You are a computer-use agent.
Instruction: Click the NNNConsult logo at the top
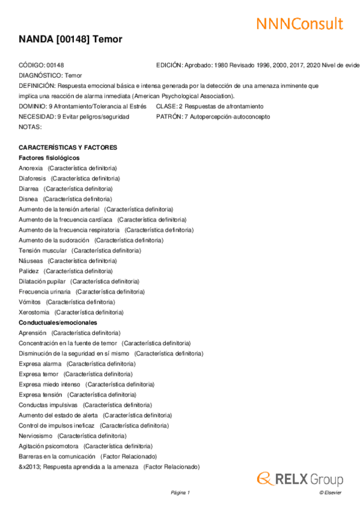pos(299,23)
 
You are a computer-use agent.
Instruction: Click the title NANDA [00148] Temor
pos(70,40)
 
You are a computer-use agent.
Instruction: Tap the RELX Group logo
pos(300,479)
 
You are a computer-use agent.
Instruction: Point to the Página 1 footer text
pos(180,493)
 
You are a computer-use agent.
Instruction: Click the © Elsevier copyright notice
pos(330,493)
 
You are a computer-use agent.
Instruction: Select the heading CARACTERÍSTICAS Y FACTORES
pos(68,147)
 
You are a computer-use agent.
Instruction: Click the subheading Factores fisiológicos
pos(49,158)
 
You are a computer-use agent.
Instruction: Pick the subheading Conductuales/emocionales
pos(58,322)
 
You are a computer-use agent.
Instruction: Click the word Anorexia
pos(31,168)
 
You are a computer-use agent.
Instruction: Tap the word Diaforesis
pos(32,178)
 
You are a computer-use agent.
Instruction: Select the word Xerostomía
pos(34,312)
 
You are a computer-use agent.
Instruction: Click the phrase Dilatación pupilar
pos(41,281)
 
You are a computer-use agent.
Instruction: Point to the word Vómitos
pos(30,302)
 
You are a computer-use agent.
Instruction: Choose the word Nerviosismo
pos(35,435)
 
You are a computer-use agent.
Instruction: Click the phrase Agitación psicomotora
pos(49,446)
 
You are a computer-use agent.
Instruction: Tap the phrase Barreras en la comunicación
pos(56,456)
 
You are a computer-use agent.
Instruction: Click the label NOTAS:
pos(30,126)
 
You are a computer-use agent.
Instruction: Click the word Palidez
pos(29,271)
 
